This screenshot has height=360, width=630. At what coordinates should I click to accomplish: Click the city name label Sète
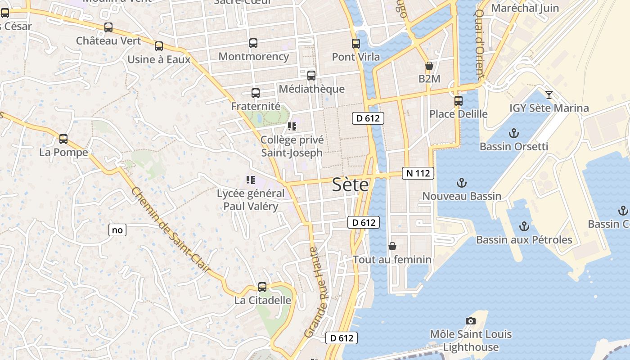(350, 184)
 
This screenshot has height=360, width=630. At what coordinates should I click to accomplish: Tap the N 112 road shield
(418, 173)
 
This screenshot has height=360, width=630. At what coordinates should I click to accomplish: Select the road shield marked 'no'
(117, 230)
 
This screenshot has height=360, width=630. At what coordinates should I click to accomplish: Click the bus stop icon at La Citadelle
(262, 287)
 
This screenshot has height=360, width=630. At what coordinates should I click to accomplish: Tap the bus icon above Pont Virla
(356, 44)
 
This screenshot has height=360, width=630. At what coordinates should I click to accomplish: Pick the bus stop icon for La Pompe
(63, 139)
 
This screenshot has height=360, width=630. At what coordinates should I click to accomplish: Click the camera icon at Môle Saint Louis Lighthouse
(471, 321)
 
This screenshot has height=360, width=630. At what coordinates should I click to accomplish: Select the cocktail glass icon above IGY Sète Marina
(549, 94)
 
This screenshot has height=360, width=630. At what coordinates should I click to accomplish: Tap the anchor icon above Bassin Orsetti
(513, 133)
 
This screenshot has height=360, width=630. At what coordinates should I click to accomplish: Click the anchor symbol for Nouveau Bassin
(462, 183)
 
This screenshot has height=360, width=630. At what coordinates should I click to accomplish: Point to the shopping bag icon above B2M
(429, 66)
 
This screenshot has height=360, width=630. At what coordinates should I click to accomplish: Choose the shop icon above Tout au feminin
(392, 246)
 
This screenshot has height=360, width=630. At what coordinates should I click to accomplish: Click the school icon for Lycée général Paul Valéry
(251, 180)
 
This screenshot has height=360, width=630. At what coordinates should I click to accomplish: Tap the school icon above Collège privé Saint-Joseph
(292, 126)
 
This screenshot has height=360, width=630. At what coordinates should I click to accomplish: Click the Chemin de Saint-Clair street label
(171, 230)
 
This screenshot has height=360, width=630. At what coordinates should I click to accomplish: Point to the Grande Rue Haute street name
(317, 292)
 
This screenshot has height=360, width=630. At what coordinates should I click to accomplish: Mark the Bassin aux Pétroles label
(524, 240)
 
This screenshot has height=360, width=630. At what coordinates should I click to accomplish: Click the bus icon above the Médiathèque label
(311, 76)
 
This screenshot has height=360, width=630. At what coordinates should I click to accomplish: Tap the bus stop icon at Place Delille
(459, 101)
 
